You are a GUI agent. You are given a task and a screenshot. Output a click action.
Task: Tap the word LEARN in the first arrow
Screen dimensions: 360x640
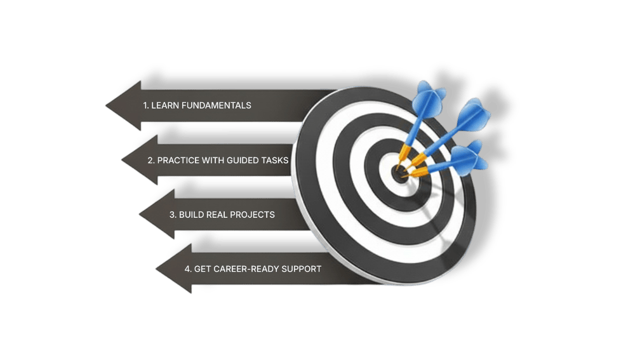point(164,105)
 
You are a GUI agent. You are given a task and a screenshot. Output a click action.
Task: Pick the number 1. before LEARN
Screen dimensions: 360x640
point(145,105)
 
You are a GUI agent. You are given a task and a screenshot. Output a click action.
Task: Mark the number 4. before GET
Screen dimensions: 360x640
point(188,269)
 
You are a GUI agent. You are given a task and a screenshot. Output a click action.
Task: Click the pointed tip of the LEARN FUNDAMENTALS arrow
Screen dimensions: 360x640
point(106,105)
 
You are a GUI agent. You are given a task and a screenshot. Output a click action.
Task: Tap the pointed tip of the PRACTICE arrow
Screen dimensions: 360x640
point(122,161)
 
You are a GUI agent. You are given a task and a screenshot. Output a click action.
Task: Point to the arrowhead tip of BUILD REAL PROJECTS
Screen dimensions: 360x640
point(139,215)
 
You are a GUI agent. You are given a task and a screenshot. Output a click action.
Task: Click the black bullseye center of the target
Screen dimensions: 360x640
point(399,173)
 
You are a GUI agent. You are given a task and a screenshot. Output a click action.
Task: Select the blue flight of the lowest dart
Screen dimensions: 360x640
point(470,156)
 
